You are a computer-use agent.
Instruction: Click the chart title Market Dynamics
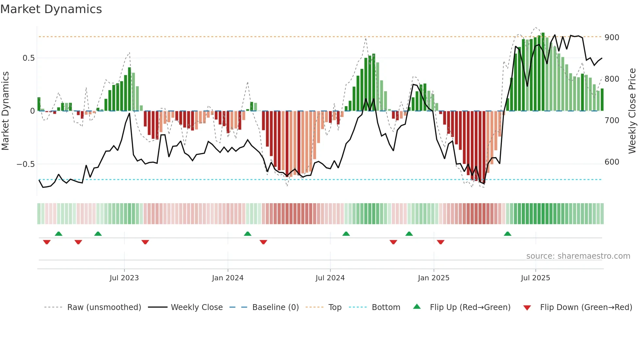click(x=51, y=9)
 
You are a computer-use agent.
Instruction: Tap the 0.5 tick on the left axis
click(x=28, y=58)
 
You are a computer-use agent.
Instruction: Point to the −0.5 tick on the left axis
click(x=26, y=164)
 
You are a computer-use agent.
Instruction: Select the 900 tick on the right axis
click(x=612, y=38)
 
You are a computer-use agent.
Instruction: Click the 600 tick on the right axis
click(x=612, y=162)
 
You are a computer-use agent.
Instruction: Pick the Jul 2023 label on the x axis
click(x=124, y=278)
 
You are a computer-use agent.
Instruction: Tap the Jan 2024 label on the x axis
click(x=228, y=278)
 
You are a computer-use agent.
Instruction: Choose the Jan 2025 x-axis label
click(x=433, y=278)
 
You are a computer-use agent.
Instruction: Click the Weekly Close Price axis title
click(x=632, y=111)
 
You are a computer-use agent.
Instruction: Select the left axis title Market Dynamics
click(x=5, y=111)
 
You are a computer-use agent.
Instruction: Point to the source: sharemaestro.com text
click(x=578, y=256)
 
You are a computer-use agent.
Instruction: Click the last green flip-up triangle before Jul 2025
click(x=507, y=234)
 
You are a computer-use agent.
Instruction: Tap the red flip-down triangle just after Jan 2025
click(x=440, y=242)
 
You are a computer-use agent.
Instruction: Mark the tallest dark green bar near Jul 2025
click(x=543, y=72)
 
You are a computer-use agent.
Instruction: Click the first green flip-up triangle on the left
click(x=58, y=234)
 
